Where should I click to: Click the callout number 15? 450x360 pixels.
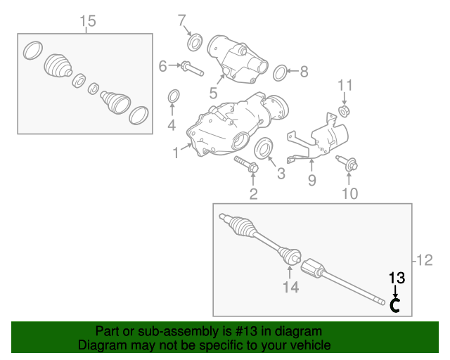tap(87, 21)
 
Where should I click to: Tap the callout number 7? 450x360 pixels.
tap(182, 20)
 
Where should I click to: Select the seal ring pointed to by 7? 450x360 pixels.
tap(195, 42)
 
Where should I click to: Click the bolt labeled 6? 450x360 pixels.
tap(192, 69)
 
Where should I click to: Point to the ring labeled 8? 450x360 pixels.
tap(280, 73)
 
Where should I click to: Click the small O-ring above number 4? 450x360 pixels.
tap(174, 96)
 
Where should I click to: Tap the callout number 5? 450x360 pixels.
tap(213, 94)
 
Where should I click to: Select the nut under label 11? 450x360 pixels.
tap(344, 111)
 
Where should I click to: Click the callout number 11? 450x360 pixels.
tap(345, 85)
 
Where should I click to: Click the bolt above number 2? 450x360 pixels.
tap(247, 165)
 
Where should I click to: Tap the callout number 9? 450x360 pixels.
tap(312, 181)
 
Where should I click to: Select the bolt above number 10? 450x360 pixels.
tap(347, 164)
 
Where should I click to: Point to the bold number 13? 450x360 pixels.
tap(397, 278)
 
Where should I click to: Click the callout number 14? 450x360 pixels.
tap(290, 287)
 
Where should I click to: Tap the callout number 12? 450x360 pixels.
tap(424, 260)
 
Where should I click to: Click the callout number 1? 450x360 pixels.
tap(176, 153)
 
